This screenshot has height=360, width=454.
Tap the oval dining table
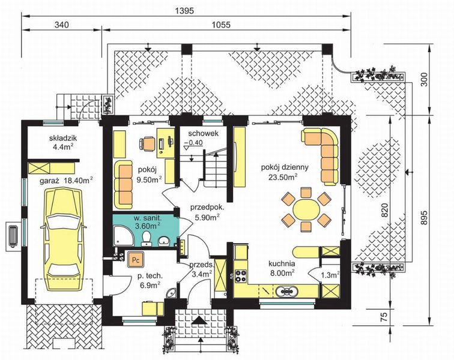306,210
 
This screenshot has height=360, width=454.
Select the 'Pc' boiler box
136,259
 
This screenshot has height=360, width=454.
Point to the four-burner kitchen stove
240,276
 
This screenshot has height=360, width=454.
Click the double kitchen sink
285,292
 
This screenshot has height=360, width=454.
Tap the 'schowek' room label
203,133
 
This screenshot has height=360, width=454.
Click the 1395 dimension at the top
184,11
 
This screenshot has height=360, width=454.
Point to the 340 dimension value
62,25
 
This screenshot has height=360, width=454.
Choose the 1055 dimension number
221,25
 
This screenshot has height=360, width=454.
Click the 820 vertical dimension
384,211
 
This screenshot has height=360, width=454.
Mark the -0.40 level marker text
194,142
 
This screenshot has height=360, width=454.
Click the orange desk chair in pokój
147,144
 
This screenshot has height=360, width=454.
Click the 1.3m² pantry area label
330,275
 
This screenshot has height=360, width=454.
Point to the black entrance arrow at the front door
199,320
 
